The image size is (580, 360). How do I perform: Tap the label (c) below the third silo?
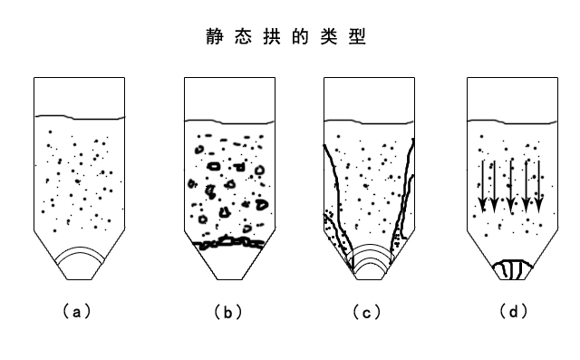[366, 313]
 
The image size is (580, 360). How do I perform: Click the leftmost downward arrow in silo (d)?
[483, 186]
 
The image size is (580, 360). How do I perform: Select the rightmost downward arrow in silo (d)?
[539, 186]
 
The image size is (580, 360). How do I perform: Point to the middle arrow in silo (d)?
[511, 186]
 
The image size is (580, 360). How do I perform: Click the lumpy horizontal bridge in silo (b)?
[229, 243]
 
